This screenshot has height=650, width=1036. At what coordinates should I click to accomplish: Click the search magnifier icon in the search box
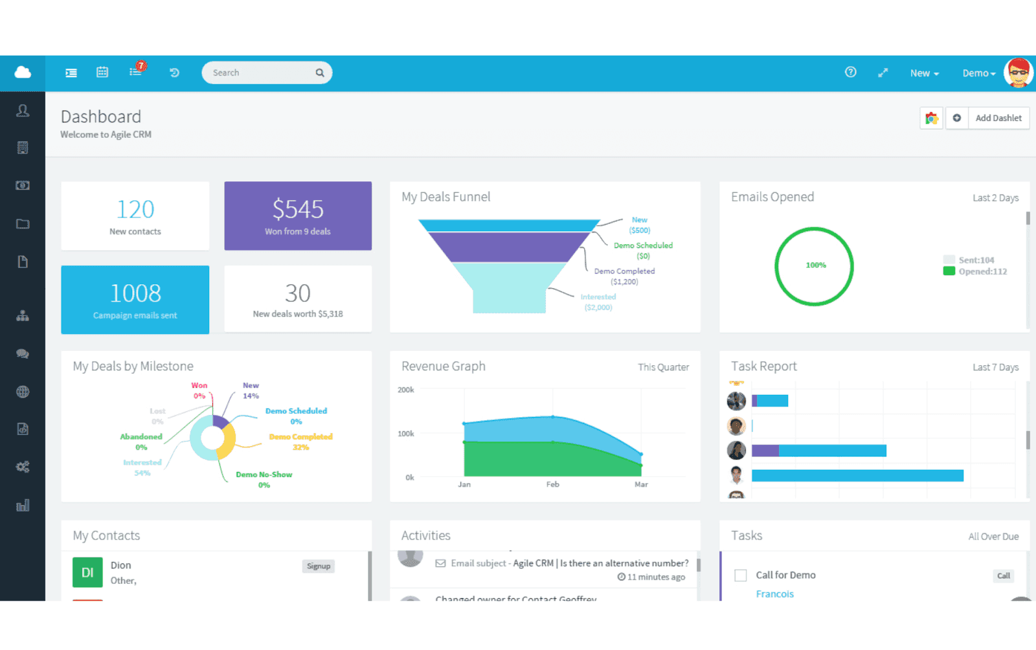319,73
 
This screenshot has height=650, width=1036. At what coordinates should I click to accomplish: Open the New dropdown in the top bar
924,73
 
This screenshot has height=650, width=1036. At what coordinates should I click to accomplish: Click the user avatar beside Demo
1018,73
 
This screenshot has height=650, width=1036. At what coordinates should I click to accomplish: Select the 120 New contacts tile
135,216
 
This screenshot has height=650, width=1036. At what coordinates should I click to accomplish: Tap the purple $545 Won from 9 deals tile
298,216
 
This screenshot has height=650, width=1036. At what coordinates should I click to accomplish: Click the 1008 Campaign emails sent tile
135,300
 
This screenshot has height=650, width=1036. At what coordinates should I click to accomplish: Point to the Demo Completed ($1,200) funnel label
624,276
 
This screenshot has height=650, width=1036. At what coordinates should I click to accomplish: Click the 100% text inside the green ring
815,265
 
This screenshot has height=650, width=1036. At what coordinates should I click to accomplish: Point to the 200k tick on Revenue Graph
406,390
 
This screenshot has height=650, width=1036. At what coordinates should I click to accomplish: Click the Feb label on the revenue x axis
552,484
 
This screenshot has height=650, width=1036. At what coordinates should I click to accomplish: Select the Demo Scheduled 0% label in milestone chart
296,416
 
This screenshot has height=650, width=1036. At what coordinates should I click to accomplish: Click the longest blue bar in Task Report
857,476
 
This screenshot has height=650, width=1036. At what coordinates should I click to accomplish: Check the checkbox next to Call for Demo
741,576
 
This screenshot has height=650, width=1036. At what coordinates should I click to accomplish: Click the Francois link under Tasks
774,594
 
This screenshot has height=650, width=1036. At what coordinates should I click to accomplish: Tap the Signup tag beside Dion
319,566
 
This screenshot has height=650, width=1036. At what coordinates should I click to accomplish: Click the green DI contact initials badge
87,572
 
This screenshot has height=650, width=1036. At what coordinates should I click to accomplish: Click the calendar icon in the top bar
102,73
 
